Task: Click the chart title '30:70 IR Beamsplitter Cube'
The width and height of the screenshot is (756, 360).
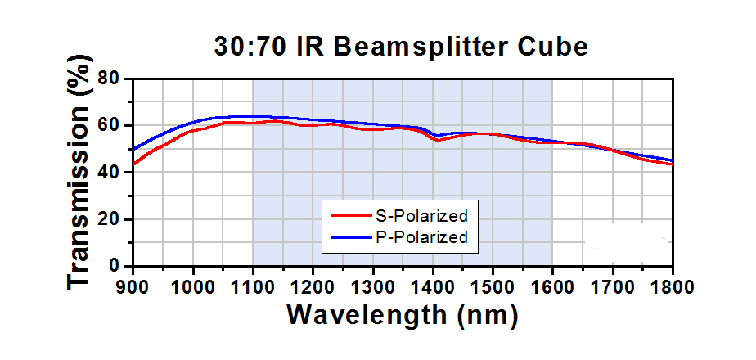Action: [x=401, y=47]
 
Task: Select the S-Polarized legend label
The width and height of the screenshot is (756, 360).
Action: [x=421, y=217]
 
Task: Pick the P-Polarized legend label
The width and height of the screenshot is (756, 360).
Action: [x=421, y=237]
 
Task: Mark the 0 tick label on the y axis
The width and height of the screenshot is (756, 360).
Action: [x=115, y=267]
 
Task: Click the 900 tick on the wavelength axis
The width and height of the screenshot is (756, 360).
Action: [x=133, y=286]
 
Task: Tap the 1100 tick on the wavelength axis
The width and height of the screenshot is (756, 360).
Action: [x=252, y=286]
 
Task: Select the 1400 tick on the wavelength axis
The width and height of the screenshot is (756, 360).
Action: [x=432, y=286]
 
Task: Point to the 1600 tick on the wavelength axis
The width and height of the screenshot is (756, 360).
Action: [x=552, y=286]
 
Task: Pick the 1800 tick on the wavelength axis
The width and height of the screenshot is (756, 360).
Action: [x=671, y=286]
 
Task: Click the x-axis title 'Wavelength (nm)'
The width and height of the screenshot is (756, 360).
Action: [x=401, y=315]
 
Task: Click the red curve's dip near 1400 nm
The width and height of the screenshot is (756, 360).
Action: [x=437, y=140]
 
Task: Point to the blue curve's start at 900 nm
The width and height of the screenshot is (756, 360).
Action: [x=133, y=150]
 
